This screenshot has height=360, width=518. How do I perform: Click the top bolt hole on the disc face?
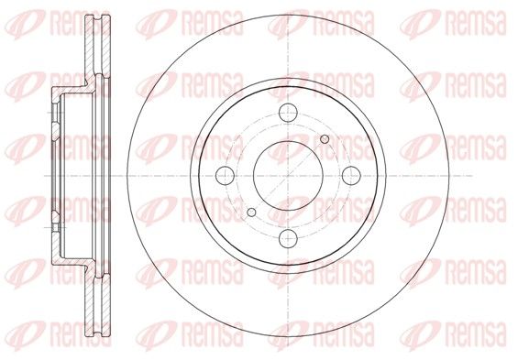click(x=288, y=113)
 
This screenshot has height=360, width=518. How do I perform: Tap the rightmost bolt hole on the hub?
click(x=351, y=176)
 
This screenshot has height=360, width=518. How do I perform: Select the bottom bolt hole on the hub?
click(x=288, y=238)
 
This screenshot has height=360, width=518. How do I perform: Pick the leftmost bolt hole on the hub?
click(x=225, y=176)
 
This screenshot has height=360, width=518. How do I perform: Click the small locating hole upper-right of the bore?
click(x=325, y=139)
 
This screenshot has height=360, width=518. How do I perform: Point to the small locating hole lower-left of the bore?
click(x=251, y=213)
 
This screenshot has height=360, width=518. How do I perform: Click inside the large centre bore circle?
click(x=288, y=176)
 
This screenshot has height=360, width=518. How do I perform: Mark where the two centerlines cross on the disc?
click(x=288, y=176)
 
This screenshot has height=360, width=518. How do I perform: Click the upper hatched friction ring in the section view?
click(x=97, y=45)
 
